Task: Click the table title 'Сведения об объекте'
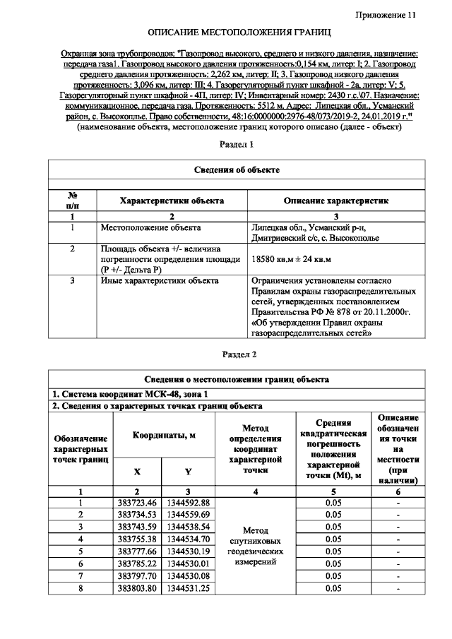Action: point(237,169)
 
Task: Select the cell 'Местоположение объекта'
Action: point(150,227)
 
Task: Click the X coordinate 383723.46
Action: point(138,502)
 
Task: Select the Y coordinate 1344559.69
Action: point(187,515)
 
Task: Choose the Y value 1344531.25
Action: point(187,588)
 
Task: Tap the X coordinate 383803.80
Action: point(138,588)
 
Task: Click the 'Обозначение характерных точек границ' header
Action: point(81,450)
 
